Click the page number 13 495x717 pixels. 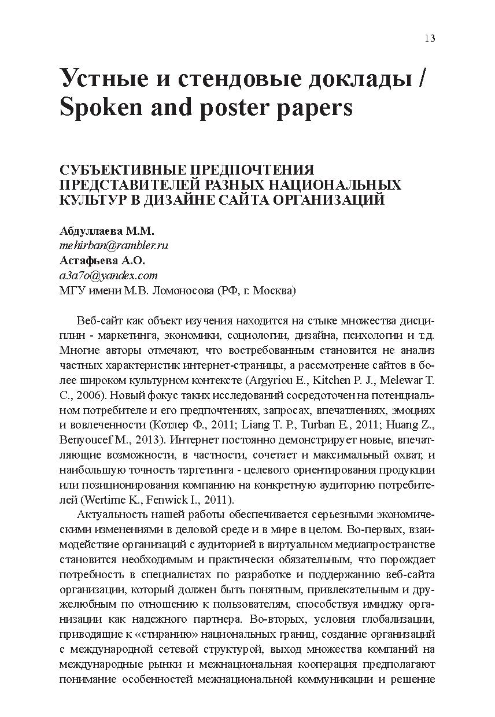pyautogui.click(x=429, y=38)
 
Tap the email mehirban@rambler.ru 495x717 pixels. pyautogui.click(x=113, y=245)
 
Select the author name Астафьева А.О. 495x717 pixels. pyautogui.click(x=102, y=260)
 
